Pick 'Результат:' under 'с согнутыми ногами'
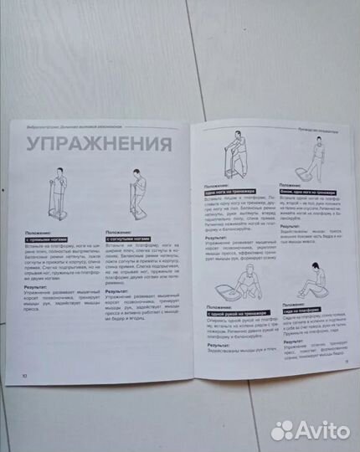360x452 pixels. click(120, 289)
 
